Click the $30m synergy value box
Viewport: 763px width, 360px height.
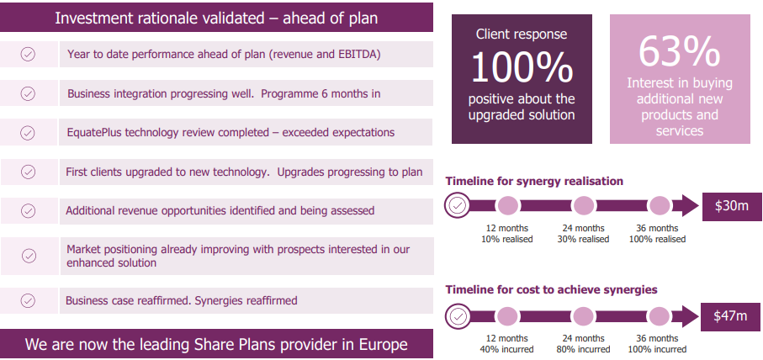[x=731, y=206]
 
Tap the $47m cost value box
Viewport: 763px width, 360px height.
[x=730, y=317]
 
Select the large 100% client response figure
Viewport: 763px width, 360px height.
[x=522, y=67]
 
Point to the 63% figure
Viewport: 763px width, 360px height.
[x=680, y=50]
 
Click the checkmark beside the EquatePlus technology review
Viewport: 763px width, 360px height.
[x=28, y=133]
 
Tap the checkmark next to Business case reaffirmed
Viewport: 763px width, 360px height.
[x=29, y=300]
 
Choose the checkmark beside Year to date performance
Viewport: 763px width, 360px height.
[x=28, y=55]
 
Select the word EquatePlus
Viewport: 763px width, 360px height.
[x=95, y=132]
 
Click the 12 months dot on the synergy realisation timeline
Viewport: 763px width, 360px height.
[x=507, y=206]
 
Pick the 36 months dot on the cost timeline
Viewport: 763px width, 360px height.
[x=660, y=316]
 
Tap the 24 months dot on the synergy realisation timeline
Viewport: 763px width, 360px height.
[x=584, y=206]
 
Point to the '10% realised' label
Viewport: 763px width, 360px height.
[x=507, y=240]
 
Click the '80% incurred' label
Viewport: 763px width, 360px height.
[x=584, y=349]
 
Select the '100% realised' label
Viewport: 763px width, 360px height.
[x=657, y=240]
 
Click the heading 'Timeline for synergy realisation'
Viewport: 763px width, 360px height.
[x=534, y=182]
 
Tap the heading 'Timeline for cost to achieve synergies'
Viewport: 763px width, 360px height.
[x=551, y=290]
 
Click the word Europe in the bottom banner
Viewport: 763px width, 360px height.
[x=384, y=344]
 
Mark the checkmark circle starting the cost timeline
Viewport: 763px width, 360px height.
[x=458, y=316]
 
